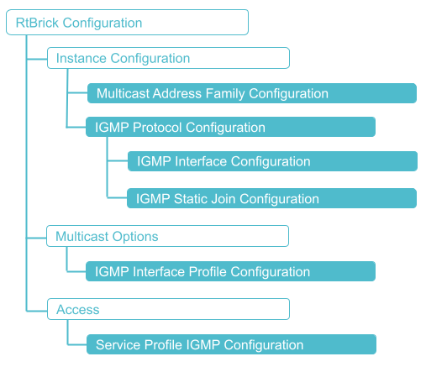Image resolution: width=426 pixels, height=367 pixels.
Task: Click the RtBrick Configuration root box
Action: tap(127, 23)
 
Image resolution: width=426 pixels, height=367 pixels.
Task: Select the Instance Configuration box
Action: tap(167, 59)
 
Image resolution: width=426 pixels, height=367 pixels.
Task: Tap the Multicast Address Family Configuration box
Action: tap(251, 93)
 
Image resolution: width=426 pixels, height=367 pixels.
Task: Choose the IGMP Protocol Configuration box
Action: tap(229, 128)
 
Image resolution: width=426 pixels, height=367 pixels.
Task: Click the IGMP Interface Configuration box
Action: tap(271, 161)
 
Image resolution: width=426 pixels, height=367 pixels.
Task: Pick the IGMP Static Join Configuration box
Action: tap(271, 199)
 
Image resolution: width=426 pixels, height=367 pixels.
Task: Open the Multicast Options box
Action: tap(167, 237)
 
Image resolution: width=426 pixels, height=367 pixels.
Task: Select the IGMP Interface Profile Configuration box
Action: tap(229, 271)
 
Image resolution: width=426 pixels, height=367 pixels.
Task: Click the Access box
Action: tap(167, 310)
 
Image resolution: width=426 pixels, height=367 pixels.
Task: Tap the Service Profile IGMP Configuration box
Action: tap(229, 344)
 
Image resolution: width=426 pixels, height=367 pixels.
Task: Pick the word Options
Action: tap(135, 237)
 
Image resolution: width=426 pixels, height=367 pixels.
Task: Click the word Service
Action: tap(118, 344)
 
